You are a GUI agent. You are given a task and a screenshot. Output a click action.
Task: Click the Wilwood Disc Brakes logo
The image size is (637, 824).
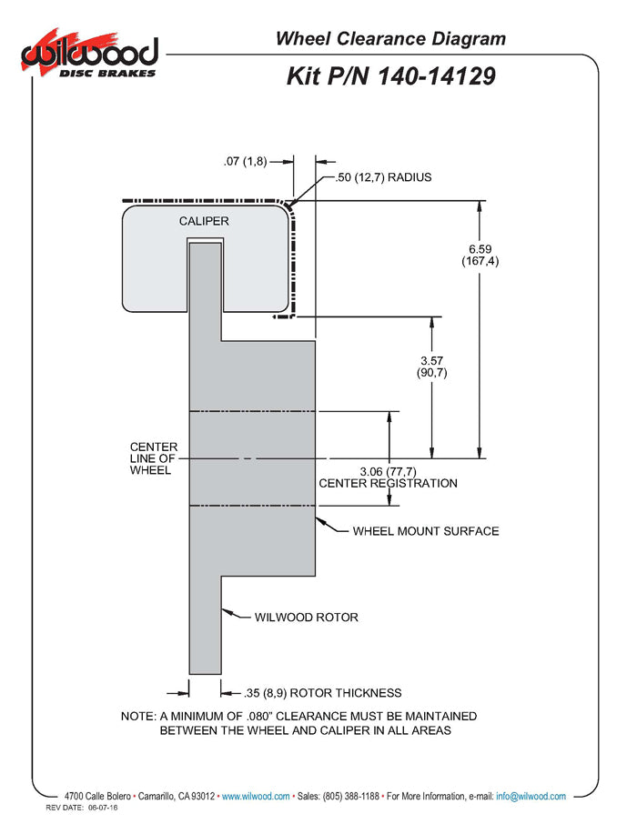(x=89, y=54)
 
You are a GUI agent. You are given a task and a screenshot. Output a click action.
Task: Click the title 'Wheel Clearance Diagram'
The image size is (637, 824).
(x=390, y=38)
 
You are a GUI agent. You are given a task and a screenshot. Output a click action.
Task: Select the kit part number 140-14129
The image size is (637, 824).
(x=437, y=75)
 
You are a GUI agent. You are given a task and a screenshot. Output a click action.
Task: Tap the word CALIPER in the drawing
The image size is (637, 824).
(x=204, y=221)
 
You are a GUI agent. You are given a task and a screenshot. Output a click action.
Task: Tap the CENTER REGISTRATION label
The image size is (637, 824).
(x=389, y=484)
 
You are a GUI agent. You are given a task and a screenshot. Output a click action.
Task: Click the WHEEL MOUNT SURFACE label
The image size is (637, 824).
(x=426, y=531)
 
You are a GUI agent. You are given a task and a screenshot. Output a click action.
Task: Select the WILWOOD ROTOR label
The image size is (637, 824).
(x=307, y=618)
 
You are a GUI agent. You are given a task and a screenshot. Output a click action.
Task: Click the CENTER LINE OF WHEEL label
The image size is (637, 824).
(x=154, y=458)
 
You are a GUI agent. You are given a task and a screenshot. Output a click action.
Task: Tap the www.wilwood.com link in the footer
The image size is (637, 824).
(x=256, y=797)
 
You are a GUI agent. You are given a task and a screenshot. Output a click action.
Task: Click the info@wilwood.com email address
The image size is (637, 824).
(x=531, y=797)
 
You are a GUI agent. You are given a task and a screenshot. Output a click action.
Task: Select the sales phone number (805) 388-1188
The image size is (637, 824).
(x=351, y=797)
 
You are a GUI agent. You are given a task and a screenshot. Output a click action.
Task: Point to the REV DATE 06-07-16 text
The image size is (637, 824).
(x=82, y=808)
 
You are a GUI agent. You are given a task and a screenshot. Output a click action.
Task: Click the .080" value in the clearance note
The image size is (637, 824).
(x=259, y=717)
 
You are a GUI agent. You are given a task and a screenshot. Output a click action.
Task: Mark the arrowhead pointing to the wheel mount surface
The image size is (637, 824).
(x=319, y=521)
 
